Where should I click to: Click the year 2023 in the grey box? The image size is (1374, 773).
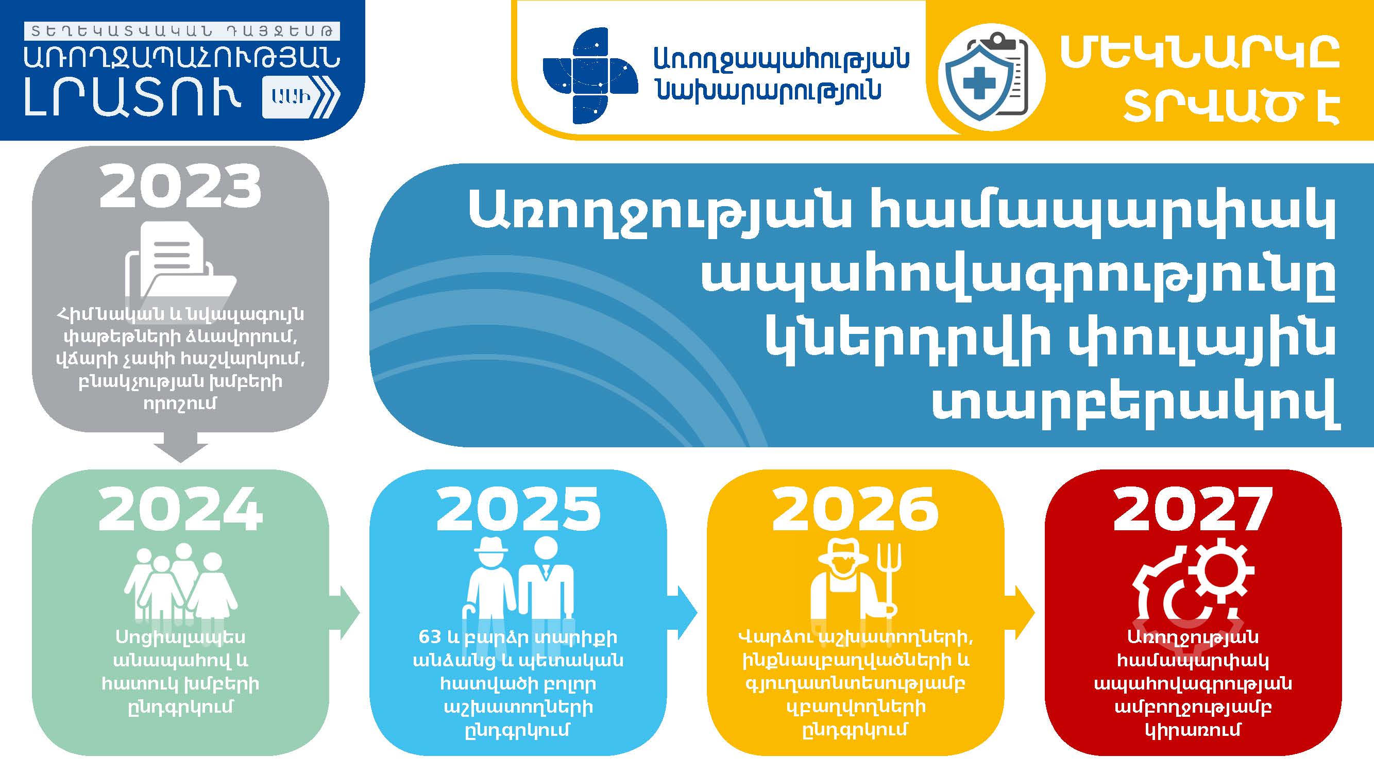pyautogui.click(x=180, y=187)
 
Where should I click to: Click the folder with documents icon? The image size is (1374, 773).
pyautogui.click(x=180, y=267)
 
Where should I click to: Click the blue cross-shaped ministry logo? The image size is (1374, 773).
pyautogui.click(x=590, y=75)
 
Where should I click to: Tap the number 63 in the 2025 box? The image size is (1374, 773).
pyautogui.click(x=430, y=636)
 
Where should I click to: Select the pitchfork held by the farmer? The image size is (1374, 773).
pyautogui.click(x=890, y=579)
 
